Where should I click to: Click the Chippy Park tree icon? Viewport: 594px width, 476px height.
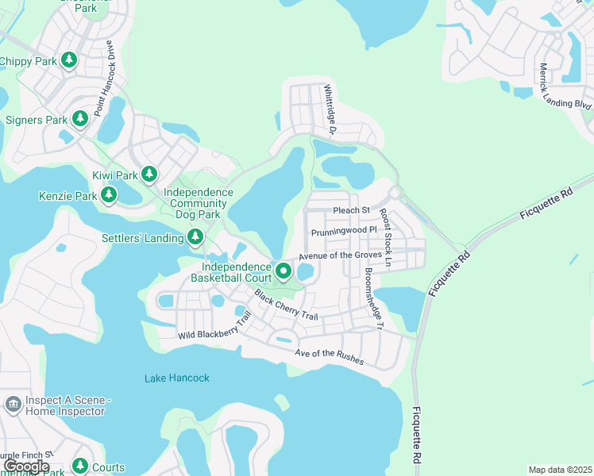pos(69,60)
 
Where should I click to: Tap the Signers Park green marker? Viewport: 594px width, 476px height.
pos(79,119)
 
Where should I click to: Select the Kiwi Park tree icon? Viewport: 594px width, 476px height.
pos(148,174)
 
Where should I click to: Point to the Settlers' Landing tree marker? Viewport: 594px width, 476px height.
pos(195,236)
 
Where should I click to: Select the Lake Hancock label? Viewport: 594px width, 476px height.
pos(177,378)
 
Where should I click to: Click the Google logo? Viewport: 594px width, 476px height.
pos(26,466)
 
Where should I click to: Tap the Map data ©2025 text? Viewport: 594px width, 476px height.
pos(560,470)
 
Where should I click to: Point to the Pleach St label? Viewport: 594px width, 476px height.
pos(352,210)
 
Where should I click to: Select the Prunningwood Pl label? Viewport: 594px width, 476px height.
pos(339,231)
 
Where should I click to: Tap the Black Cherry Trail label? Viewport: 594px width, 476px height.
pos(286,305)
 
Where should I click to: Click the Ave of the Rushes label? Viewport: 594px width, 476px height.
pos(329,357)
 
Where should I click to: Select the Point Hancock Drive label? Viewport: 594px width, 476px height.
pos(105,79)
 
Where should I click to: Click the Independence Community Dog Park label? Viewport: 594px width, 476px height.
pos(198,203)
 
